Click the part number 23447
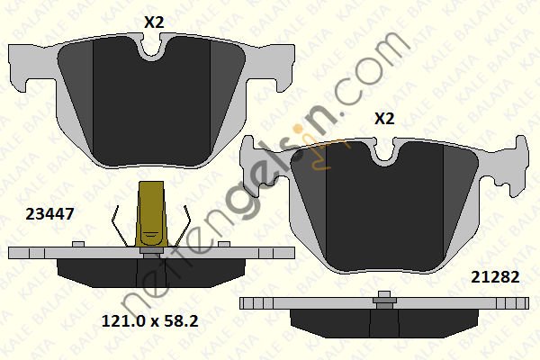click(49, 214)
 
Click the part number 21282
click(495, 276)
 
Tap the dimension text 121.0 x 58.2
click(149, 321)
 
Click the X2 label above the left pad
click(154, 22)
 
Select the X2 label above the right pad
click(384, 119)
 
